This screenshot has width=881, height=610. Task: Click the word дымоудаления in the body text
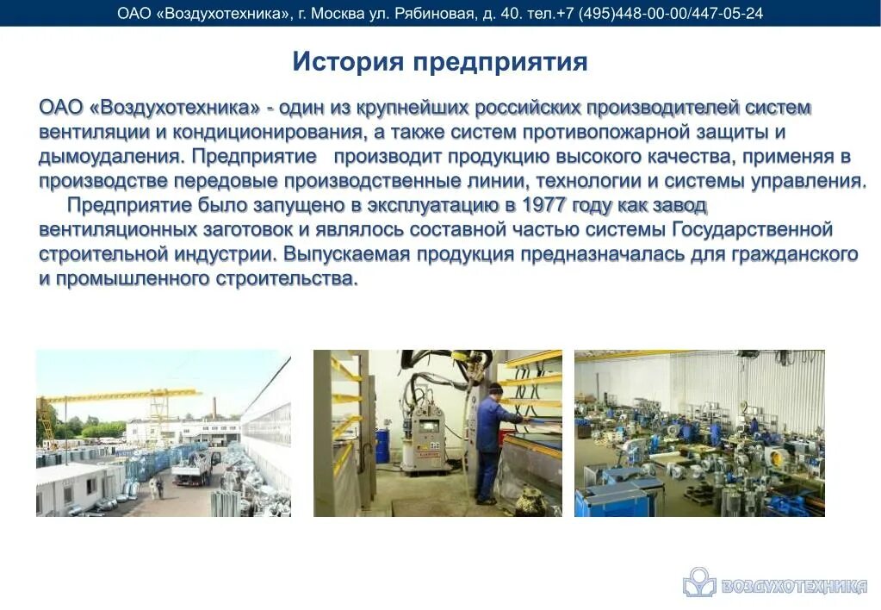click(109, 157)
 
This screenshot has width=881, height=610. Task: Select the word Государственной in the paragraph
click(751, 230)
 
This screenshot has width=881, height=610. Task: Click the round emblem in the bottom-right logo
click(698, 582)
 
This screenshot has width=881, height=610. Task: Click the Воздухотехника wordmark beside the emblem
click(792, 586)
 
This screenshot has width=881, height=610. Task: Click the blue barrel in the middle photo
click(382, 447)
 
